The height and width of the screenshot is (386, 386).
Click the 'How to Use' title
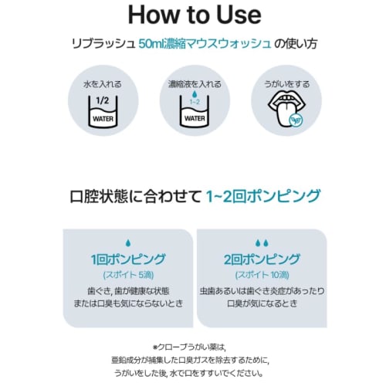[x=192, y=15]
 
